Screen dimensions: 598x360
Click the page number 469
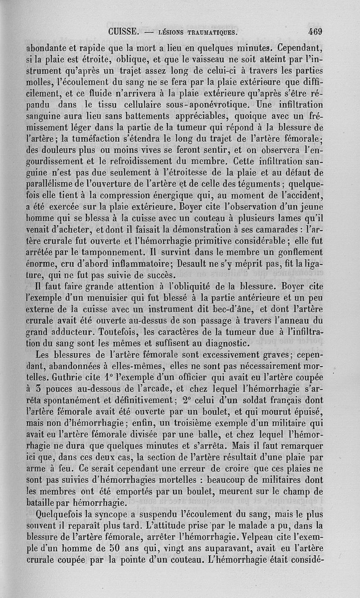(x=315, y=32)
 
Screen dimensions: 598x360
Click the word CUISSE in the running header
(x=122, y=32)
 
